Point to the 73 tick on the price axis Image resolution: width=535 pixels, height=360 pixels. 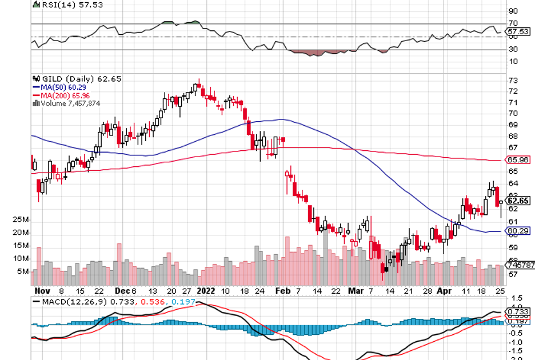click(513, 80)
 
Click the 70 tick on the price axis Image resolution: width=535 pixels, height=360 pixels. click(513, 114)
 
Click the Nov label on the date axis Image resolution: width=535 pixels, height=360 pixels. click(42, 290)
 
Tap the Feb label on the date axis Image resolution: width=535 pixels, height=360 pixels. click(281, 290)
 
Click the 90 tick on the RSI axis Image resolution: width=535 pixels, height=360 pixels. click(513, 11)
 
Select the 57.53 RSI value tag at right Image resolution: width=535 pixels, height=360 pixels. click(517, 32)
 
